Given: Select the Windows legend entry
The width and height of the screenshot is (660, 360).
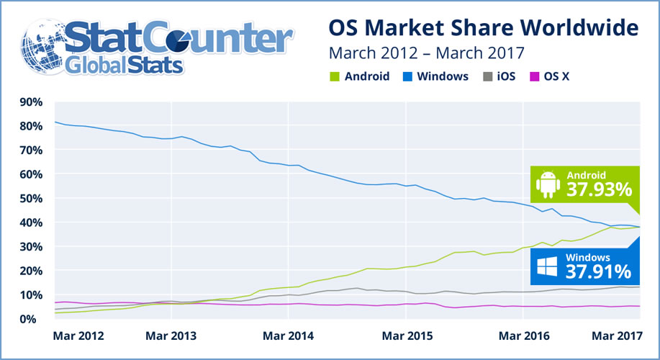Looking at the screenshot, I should pyautogui.click(x=440, y=76).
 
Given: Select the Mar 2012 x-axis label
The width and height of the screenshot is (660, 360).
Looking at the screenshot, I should pyautogui.click(x=79, y=336).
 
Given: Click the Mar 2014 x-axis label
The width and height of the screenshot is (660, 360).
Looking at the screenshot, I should pyautogui.click(x=289, y=336).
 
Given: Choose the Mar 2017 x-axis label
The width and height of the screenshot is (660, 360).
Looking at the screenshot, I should pyautogui.click(x=615, y=336).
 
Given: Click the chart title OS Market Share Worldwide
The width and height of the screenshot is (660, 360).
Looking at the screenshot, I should pyautogui.click(x=483, y=28).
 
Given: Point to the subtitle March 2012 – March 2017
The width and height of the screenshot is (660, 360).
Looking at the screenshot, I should pyautogui.click(x=426, y=53).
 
